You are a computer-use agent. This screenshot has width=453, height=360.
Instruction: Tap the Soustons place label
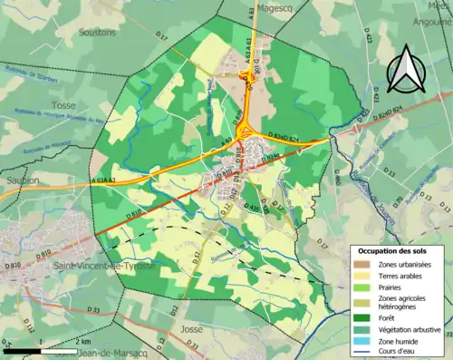coord(99,32)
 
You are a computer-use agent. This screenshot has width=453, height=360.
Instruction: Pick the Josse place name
coord(190,329)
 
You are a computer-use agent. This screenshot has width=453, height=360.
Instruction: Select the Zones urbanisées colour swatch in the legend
coord(362,262)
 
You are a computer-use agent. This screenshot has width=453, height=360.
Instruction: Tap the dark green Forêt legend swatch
coord(362,316)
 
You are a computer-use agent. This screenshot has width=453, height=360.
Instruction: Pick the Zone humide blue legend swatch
coord(362,341)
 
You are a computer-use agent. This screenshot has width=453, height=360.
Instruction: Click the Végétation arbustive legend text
coord(410,329)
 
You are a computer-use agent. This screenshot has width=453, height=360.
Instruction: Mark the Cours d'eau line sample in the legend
coord(362,353)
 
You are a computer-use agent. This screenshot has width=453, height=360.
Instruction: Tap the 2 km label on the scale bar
coord(82,342)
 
